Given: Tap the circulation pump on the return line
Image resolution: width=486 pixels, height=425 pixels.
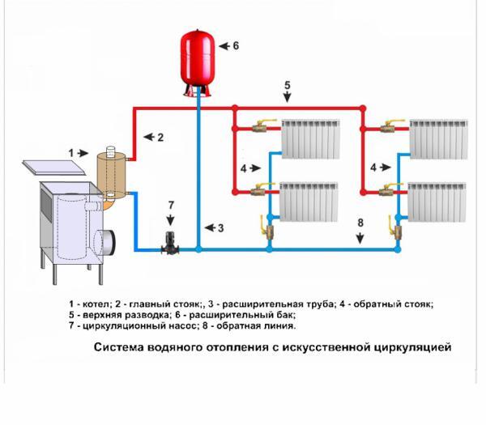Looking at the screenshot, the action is point(170,244).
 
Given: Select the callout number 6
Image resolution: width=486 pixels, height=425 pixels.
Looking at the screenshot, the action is point(236,46).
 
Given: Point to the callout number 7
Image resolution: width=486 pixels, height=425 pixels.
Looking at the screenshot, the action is point(171,205).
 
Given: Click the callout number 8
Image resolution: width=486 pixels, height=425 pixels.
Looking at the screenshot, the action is point(360,223).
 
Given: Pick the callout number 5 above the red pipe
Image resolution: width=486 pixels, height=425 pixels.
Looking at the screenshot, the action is point(288,85).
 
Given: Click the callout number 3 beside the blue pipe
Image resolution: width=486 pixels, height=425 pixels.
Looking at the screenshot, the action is point(220,228).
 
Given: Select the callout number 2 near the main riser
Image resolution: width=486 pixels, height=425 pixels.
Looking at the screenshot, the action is point(160,138).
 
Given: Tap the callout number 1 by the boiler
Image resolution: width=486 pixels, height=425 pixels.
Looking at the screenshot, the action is point(71,153).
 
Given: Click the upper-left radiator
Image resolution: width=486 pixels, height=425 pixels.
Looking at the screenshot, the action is point(310,138).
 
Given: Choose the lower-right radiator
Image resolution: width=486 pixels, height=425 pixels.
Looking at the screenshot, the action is point(437,202).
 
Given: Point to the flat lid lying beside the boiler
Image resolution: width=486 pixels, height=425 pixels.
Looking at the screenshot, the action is point(54,168).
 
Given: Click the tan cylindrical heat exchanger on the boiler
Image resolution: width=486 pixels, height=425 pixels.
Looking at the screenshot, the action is point(111,174).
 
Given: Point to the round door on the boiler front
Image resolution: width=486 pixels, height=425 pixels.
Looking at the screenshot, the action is point(104,242).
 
